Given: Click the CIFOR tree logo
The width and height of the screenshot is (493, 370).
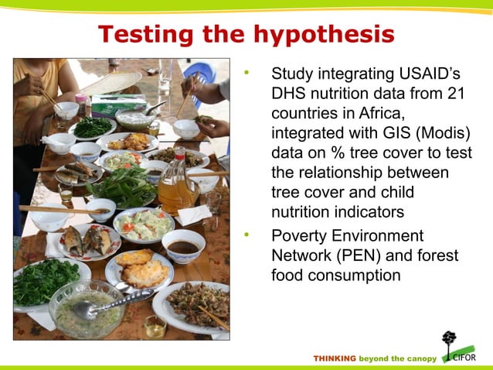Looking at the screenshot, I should [450, 344].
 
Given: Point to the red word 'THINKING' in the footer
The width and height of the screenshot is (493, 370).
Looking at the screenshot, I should [335, 358].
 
